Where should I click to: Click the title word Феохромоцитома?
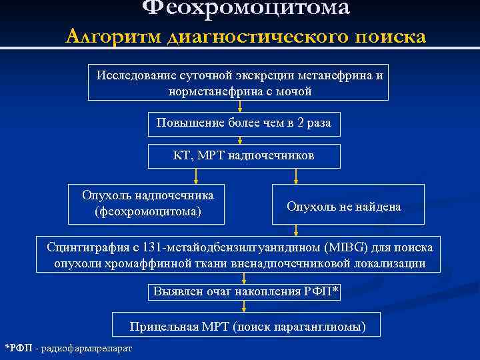(x=246, y=8)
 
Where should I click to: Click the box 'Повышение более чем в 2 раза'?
(x=243, y=123)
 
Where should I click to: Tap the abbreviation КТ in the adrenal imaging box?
(x=181, y=156)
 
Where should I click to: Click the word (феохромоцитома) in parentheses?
(x=147, y=212)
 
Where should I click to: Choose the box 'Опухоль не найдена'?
(x=344, y=207)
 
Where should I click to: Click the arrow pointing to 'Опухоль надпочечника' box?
(x=195, y=176)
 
